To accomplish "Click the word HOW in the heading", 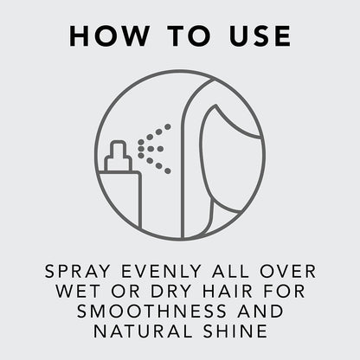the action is pos(109,35).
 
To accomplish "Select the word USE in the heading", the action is pos(260,35).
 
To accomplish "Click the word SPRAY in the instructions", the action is pos(78,271).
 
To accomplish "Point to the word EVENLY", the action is pos(161,271).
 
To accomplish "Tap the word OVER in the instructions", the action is pos(287,271).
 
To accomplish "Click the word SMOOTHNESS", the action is pos(152,311).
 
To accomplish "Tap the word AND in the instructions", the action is pos(260,311).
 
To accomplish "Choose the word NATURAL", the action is pos(143,331).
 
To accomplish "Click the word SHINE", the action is pos(235,331).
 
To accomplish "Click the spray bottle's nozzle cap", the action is pos(119,156).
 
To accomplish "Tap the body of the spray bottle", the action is pos(119,199).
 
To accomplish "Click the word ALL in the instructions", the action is pos(230,271).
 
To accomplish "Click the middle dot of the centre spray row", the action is pos(151,149).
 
